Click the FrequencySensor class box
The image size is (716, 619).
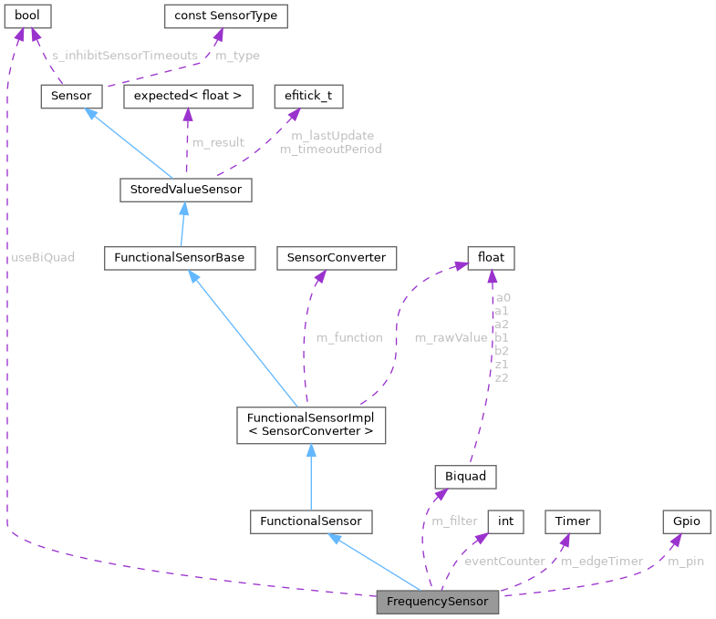point(438,602)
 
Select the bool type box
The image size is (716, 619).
point(27,16)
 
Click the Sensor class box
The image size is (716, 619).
point(70,96)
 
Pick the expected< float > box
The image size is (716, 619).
point(188,96)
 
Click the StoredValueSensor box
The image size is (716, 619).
point(185,190)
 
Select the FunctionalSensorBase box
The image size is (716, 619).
point(178,258)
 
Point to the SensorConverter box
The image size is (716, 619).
point(337,258)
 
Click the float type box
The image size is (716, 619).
point(491,258)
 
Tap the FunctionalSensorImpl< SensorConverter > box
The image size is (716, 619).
point(310,425)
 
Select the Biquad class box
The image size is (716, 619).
point(465,476)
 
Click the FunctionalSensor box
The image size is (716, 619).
point(311,521)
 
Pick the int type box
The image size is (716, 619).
point(505,521)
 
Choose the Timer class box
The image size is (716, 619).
point(573,521)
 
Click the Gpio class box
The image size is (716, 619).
point(686,521)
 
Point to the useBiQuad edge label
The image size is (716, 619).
point(43,257)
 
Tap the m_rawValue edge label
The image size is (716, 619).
point(451,337)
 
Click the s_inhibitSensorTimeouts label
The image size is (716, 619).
point(125,56)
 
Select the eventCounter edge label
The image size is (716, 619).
point(504,562)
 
